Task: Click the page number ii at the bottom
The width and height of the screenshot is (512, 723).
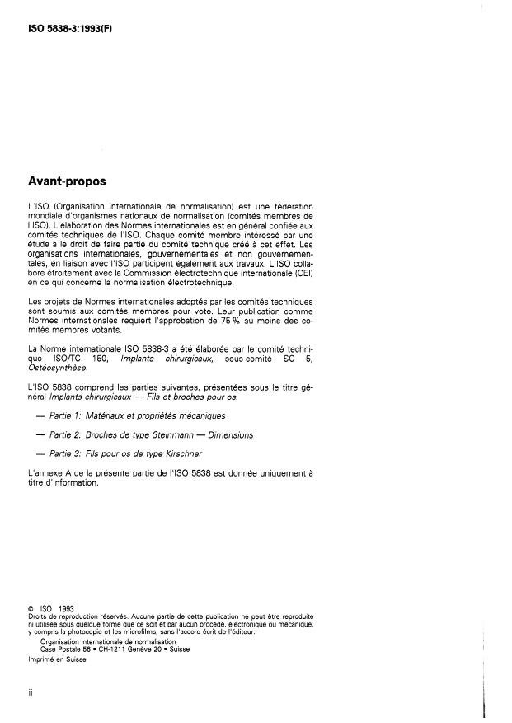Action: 30,694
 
